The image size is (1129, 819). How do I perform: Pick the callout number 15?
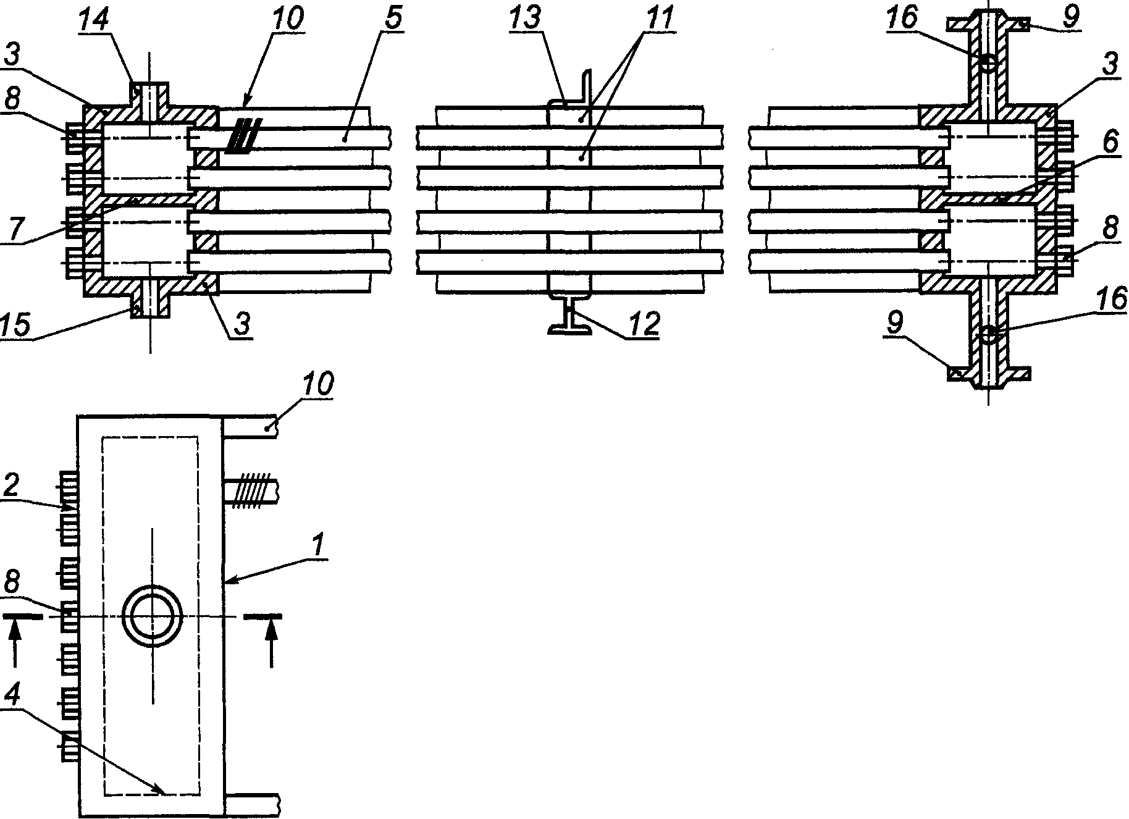pyautogui.click(x=17, y=326)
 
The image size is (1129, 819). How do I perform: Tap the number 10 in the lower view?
pyautogui.click(x=317, y=384)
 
